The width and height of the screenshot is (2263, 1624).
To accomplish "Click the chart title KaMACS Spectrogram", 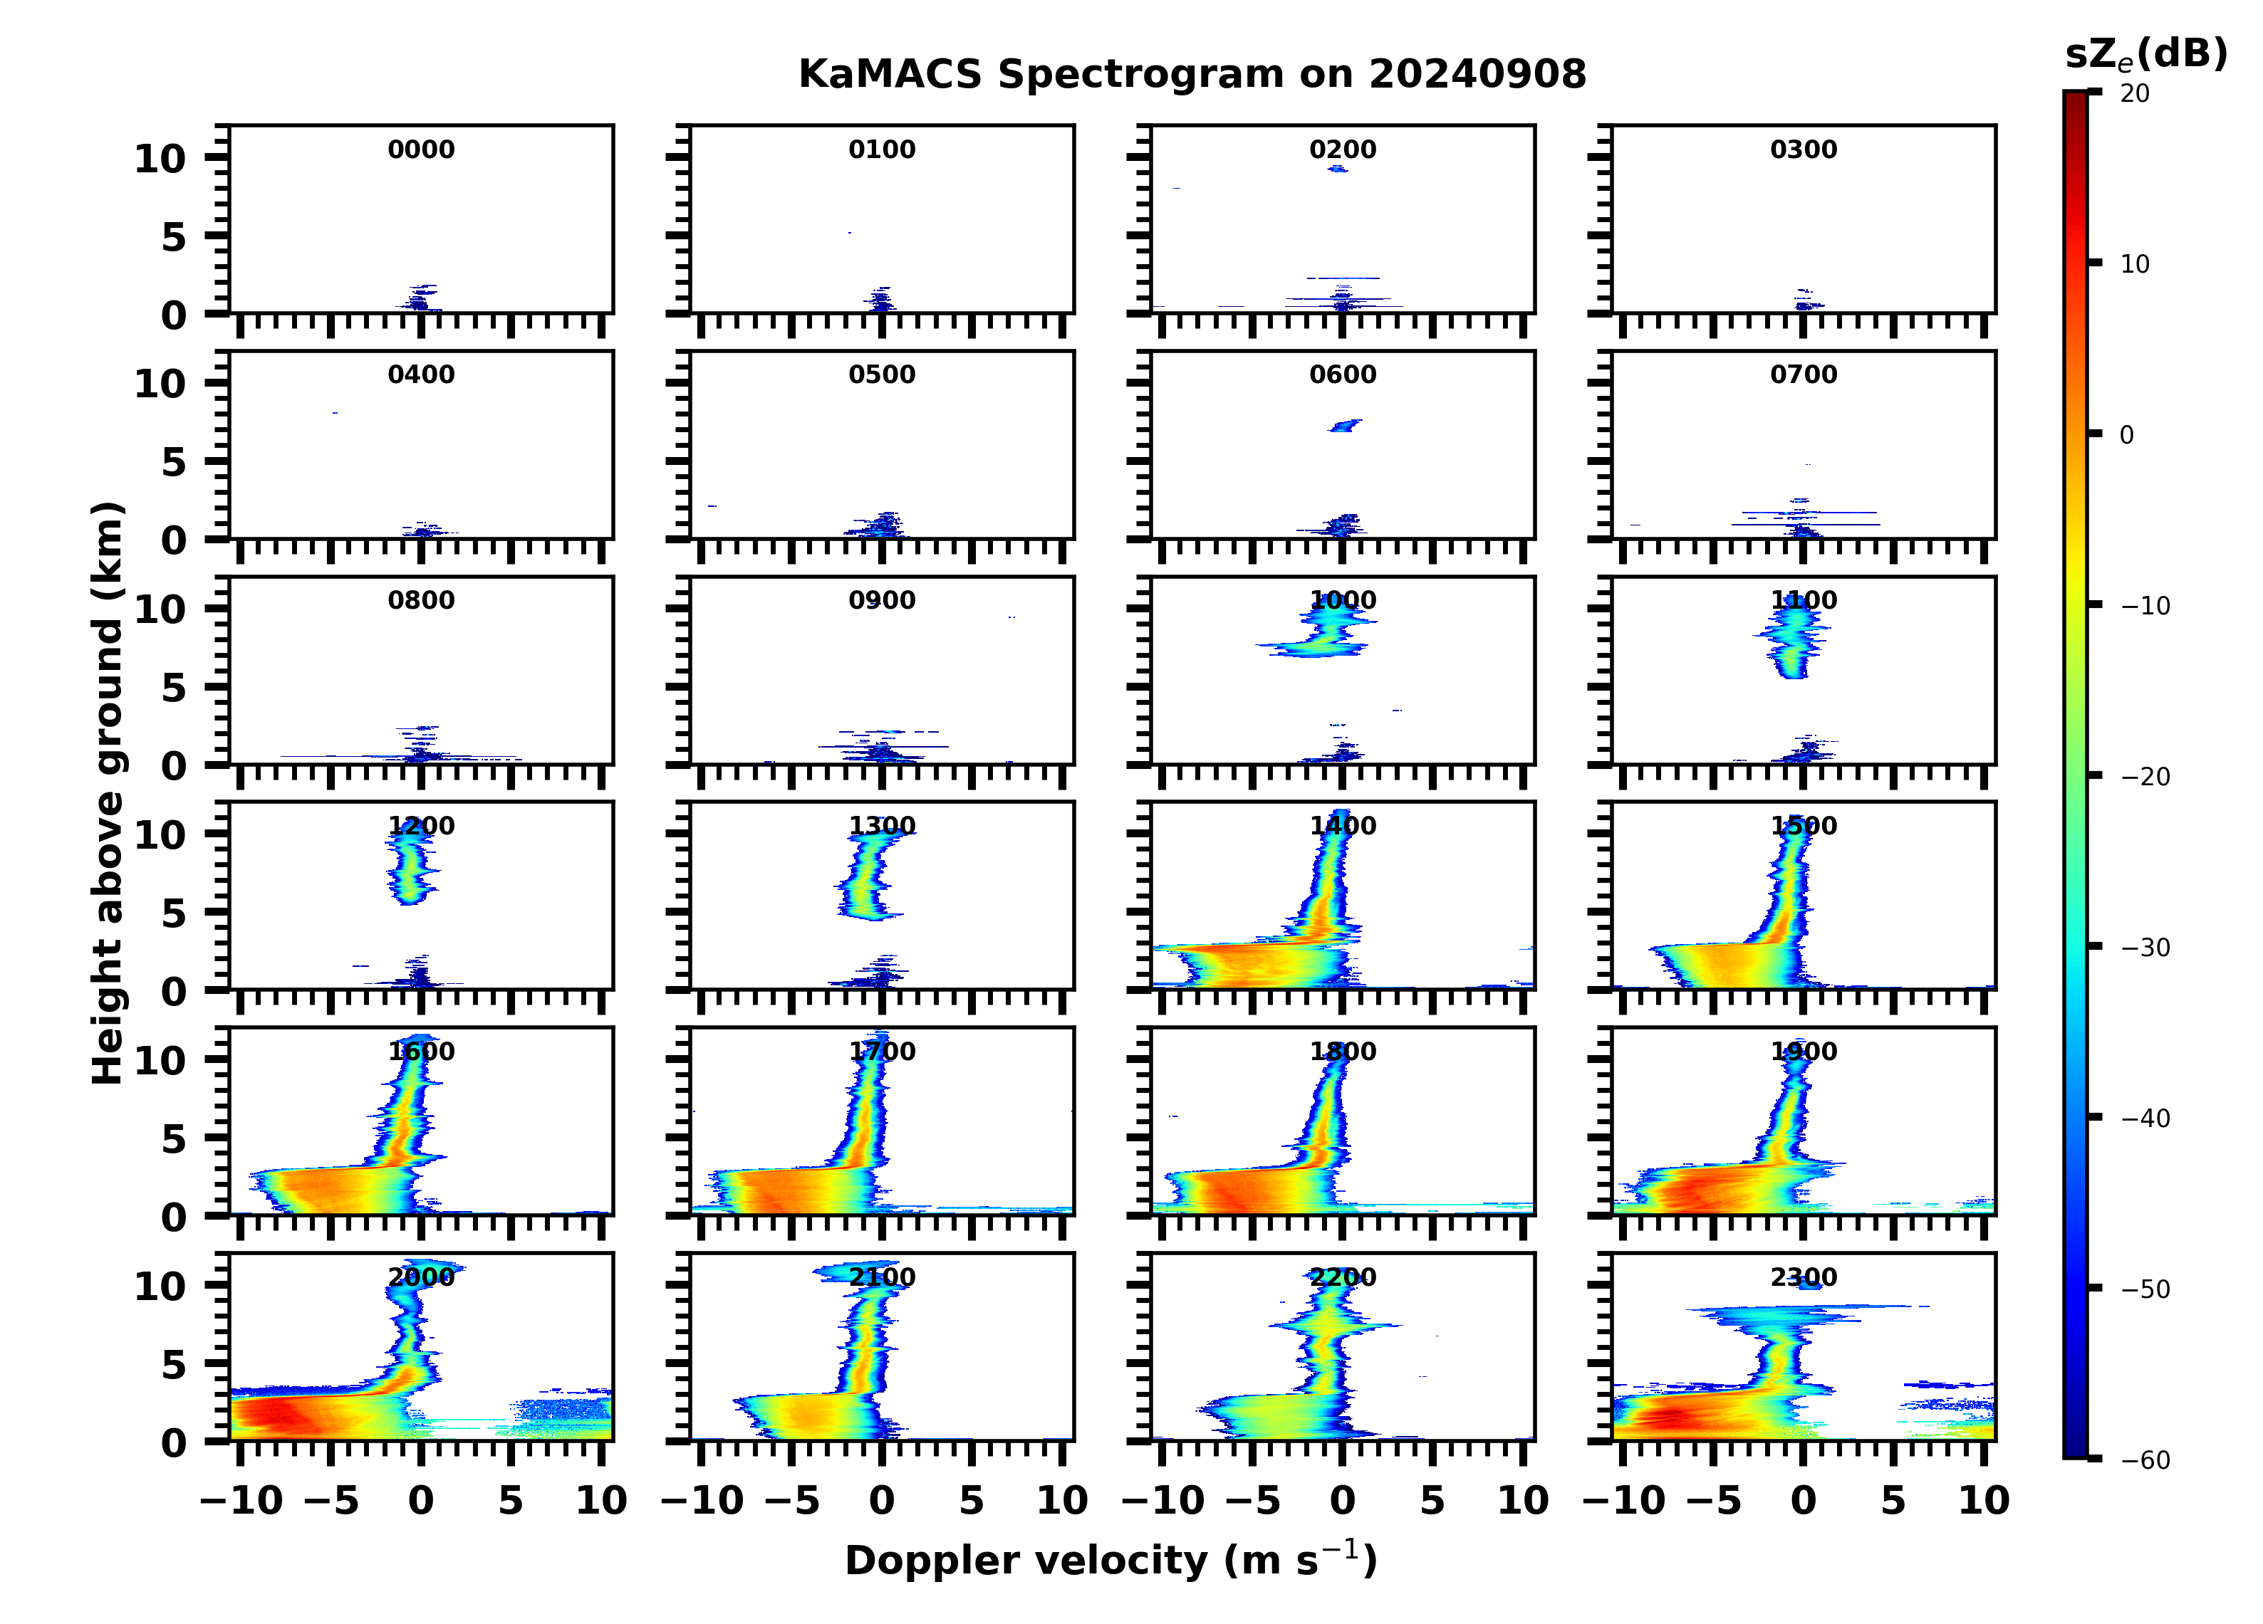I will [1192, 75].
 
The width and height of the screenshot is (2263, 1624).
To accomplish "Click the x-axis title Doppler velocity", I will [1110, 1561].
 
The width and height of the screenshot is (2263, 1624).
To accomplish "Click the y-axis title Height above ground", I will [108, 793].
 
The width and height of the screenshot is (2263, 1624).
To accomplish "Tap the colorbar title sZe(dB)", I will [2145, 54].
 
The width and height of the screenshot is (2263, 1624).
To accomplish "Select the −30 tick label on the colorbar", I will [2144, 948].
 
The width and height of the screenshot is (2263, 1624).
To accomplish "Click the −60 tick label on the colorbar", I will [2144, 1460].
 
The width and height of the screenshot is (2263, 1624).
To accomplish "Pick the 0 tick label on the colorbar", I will [2126, 435].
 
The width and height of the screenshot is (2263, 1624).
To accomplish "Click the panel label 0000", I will [421, 150].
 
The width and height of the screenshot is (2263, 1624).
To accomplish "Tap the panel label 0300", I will [1803, 150].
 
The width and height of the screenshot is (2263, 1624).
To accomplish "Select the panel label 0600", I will [1342, 375].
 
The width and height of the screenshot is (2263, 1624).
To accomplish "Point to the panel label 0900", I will [881, 600].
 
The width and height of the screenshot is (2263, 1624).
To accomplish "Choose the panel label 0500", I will [881, 375].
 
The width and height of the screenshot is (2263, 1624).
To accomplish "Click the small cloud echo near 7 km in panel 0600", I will [1345, 426].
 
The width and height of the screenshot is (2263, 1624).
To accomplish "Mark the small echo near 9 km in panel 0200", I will [1337, 169].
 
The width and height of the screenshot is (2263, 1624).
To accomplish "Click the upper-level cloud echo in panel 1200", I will [410, 868].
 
